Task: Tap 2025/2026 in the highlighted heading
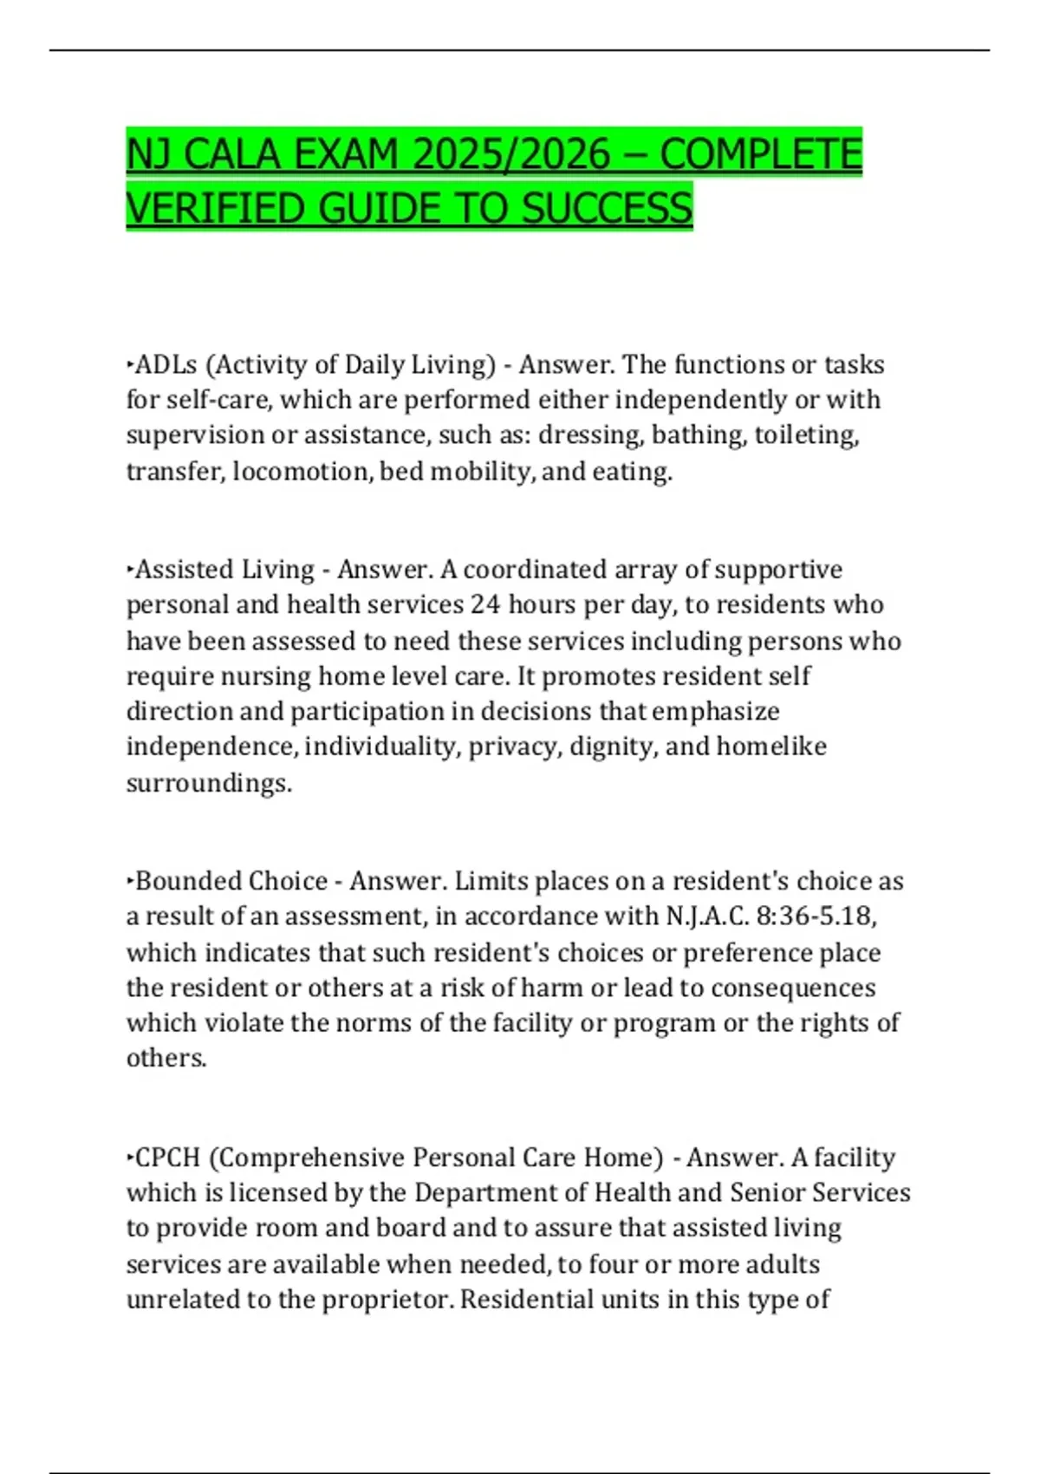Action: tap(511, 156)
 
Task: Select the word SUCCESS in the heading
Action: tap(607, 209)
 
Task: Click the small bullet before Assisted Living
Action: tap(130, 570)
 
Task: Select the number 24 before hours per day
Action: tap(485, 605)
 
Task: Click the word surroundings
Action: tap(209, 783)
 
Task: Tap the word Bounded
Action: tap(187, 881)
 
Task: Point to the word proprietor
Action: tap(387, 1300)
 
